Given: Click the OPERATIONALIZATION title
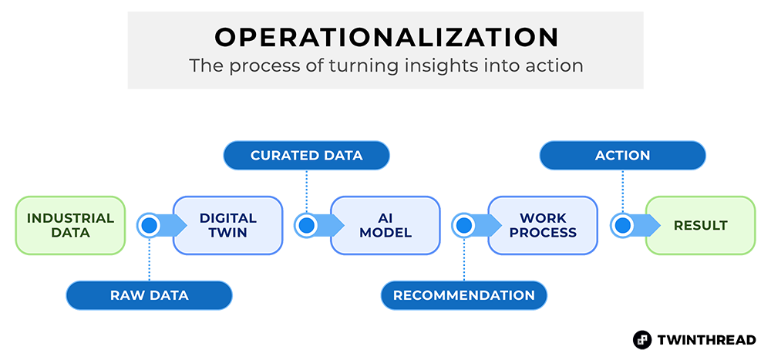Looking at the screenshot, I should click(386, 37).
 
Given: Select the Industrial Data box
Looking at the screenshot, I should click(70, 225).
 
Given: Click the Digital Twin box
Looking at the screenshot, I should click(227, 225).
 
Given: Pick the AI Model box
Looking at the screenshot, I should click(385, 225).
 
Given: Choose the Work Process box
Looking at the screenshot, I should click(543, 225).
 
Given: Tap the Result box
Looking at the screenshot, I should click(700, 225).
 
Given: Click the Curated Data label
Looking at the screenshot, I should click(306, 156).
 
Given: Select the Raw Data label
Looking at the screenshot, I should click(149, 295).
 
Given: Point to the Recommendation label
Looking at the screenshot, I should click(464, 295).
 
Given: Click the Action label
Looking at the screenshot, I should click(622, 156).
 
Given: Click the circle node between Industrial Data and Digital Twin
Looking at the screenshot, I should click(149, 225).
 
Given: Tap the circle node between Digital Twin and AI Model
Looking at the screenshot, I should click(307, 225).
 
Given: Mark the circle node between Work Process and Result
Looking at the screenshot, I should click(622, 225).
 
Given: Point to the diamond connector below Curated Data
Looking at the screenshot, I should click(307, 189).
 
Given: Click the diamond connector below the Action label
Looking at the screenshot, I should click(622, 189).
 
